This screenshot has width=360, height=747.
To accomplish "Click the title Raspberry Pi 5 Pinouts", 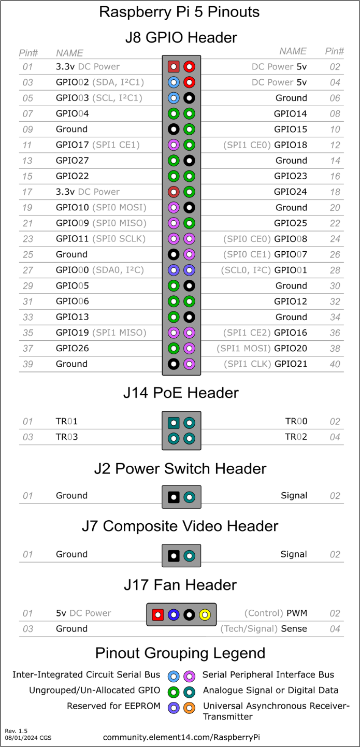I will (x=180, y=12).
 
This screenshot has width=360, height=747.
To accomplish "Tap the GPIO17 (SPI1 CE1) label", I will (x=97, y=145).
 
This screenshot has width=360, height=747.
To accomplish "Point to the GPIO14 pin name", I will (x=291, y=113).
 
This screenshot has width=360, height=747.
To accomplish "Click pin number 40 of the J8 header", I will (x=335, y=364).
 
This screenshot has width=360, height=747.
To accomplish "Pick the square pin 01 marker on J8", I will (x=174, y=66).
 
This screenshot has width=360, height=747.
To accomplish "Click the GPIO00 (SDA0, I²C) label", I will (x=99, y=270).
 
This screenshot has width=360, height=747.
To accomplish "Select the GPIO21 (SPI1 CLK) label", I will (x=265, y=364).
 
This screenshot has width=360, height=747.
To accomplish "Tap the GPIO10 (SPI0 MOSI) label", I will (x=101, y=207).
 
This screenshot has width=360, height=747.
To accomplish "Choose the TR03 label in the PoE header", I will (x=67, y=437).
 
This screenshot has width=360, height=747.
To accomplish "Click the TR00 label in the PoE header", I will (x=296, y=421).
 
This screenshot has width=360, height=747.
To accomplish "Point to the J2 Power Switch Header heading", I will (x=180, y=469).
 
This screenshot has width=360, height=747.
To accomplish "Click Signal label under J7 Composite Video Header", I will (x=294, y=554).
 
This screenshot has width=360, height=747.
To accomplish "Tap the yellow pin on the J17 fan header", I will (x=205, y=615).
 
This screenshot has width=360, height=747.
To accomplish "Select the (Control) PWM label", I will (x=276, y=613).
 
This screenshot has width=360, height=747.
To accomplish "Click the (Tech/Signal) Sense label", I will (x=264, y=629).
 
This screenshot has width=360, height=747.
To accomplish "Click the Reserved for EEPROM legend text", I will (x=113, y=706).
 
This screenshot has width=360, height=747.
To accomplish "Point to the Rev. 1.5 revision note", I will (x=16, y=730).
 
